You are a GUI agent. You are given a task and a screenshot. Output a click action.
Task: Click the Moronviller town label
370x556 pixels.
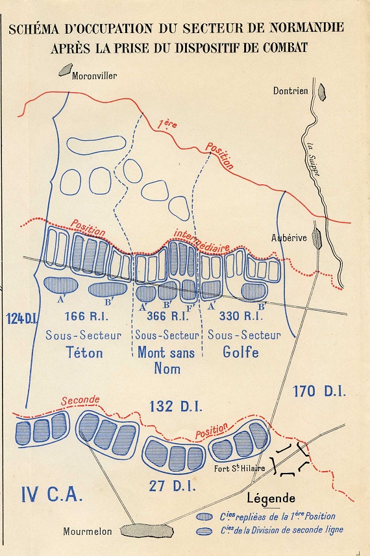[95, 75]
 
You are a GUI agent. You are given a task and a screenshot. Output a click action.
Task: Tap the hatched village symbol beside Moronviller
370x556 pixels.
[66, 69]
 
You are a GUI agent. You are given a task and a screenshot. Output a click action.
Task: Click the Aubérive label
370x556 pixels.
[289, 238]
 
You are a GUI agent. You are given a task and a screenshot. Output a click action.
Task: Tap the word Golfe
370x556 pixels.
[241, 352]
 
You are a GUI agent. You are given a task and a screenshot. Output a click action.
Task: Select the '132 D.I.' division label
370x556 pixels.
[177, 407]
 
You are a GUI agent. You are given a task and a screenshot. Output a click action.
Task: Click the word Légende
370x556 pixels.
[271, 498]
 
